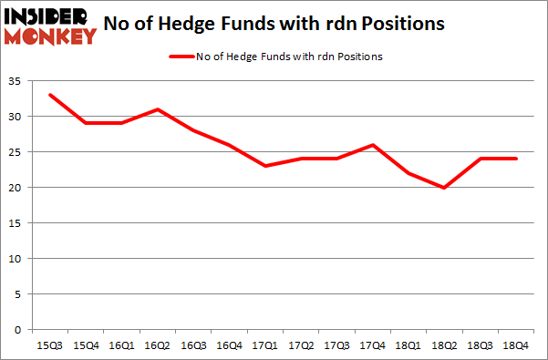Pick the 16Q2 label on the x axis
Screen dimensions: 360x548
159,345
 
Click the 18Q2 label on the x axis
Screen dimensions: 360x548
445,345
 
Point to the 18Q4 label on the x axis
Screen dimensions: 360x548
518,345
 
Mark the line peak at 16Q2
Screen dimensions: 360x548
159,109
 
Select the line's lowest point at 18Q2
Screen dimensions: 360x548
445,188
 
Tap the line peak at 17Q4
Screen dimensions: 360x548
372,145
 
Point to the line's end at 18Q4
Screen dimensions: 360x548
518,159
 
